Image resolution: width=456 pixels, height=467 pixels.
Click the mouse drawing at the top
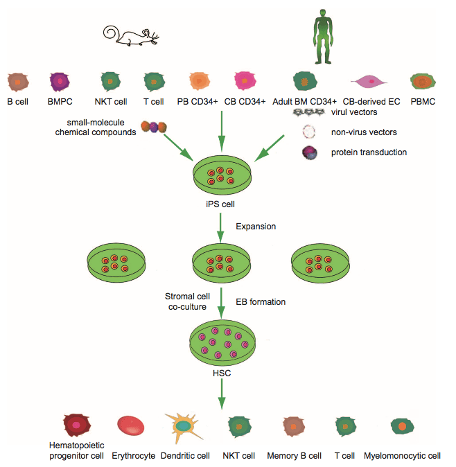(130, 36)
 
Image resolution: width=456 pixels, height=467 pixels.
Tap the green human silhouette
(323, 37)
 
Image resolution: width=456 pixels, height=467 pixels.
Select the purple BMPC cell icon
(60, 82)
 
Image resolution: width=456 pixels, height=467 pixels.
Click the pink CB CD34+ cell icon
(245, 80)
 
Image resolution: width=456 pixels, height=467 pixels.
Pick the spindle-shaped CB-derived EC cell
(369, 81)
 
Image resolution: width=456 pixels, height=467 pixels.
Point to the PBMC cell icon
(423, 81)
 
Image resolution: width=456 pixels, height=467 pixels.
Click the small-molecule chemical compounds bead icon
(154, 127)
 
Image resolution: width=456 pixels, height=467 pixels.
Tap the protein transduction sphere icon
(310, 153)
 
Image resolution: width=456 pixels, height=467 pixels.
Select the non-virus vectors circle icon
(309, 132)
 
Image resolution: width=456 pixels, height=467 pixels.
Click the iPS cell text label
(220, 204)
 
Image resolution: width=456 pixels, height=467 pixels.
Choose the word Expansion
(256, 227)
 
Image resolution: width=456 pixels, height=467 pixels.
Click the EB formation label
(261, 302)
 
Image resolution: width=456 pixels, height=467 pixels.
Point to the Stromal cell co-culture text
(187, 301)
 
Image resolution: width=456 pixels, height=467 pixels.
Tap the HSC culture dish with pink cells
(222, 342)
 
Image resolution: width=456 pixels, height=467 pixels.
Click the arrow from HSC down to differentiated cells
(222, 394)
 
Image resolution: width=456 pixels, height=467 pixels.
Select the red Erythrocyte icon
(131, 425)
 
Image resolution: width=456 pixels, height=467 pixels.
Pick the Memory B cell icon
(294, 427)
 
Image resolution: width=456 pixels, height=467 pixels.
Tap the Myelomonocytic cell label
(402, 456)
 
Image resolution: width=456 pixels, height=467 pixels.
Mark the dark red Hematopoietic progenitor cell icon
(77, 425)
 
